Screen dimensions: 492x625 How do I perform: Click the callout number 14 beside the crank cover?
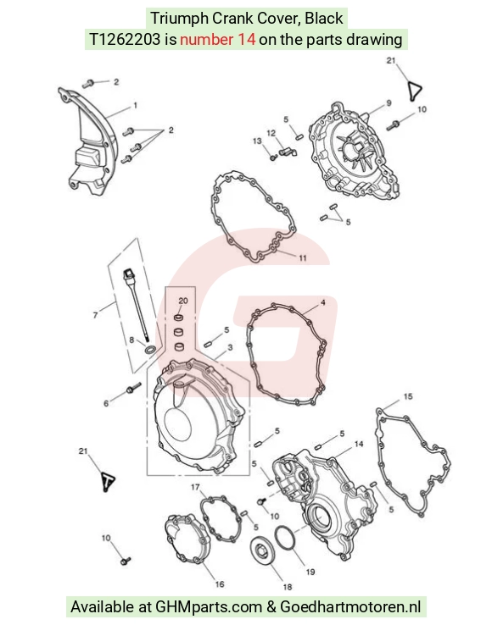(x=359, y=444)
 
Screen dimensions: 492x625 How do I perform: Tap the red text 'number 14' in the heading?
(x=218, y=40)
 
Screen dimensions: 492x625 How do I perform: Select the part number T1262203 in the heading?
(x=125, y=40)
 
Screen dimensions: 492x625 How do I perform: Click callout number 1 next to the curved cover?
(x=136, y=105)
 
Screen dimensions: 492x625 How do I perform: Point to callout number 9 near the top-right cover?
(x=389, y=102)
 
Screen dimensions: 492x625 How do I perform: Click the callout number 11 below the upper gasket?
(x=303, y=258)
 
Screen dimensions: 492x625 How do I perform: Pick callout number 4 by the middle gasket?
(x=322, y=302)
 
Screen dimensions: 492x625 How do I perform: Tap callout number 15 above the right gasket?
(x=408, y=396)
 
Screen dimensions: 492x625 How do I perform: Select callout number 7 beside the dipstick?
(x=95, y=315)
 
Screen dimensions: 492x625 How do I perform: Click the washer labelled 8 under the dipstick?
(x=150, y=349)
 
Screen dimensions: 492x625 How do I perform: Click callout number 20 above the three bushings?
(x=183, y=301)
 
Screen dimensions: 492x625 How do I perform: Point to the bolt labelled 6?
(x=133, y=388)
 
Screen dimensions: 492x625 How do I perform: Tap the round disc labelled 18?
(x=261, y=551)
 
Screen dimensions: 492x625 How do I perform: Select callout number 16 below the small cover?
(x=220, y=584)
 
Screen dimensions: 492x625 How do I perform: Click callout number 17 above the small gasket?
(x=195, y=487)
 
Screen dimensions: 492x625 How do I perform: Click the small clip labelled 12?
(x=287, y=152)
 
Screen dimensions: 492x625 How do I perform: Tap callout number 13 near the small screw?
(x=257, y=141)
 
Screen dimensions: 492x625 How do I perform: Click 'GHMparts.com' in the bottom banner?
(x=209, y=607)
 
